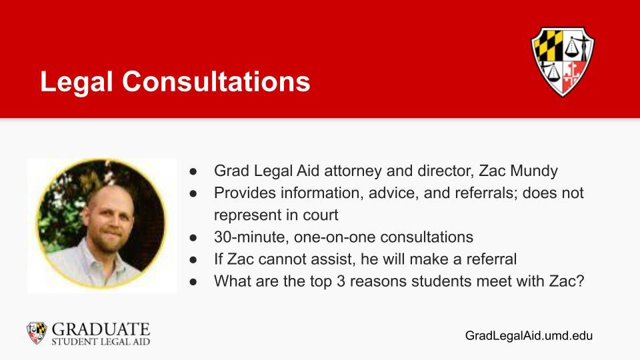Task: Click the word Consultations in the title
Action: (x=216, y=81)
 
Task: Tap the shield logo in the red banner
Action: (x=563, y=61)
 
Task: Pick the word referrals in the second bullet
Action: (x=483, y=193)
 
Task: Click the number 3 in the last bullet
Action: (x=341, y=281)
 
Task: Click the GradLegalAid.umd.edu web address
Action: (x=529, y=335)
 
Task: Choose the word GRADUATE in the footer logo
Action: (x=101, y=329)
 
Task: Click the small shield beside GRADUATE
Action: (x=37, y=333)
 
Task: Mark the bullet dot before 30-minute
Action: (x=193, y=237)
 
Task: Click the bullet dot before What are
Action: (x=193, y=281)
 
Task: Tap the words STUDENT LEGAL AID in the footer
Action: (x=101, y=341)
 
